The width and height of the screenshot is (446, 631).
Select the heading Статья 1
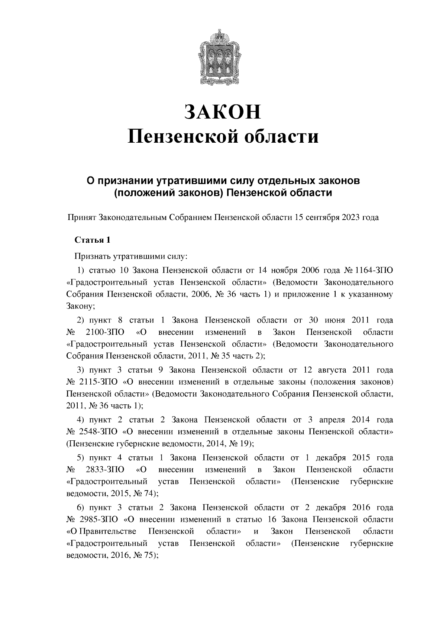coord(93,240)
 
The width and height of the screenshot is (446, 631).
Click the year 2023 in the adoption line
coord(350,218)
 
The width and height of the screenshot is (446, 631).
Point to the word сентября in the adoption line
coord(320,218)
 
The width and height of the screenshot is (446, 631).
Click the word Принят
coord(82,218)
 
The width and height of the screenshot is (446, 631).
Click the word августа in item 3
coord(332,370)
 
